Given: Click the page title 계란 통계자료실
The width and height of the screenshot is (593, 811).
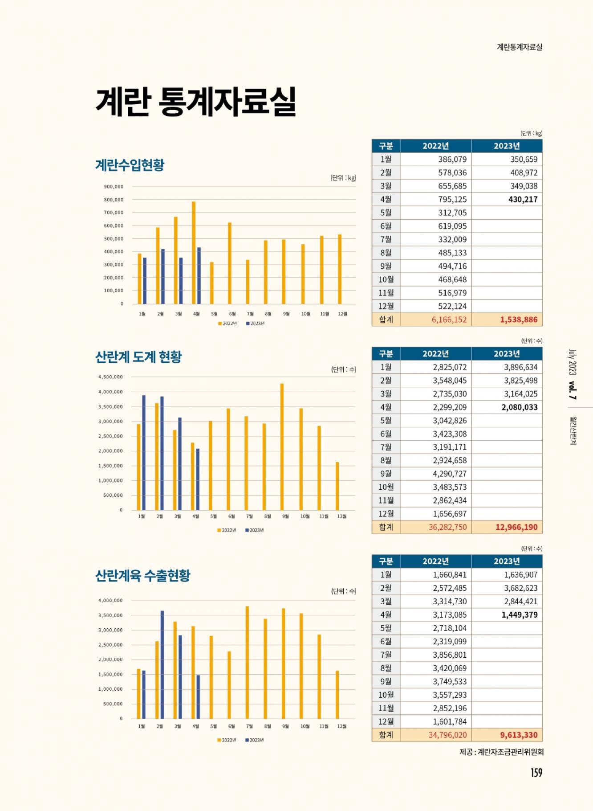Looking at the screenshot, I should click(x=196, y=102).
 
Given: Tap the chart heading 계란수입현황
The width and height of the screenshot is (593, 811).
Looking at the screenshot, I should click(x=130, y=165).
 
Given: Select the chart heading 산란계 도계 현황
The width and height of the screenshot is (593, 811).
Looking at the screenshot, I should click(x=138, y=356).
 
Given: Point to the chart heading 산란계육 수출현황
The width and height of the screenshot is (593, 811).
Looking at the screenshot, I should click(x=142, y=575).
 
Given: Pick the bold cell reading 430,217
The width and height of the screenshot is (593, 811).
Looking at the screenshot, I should click(x=523, y=199).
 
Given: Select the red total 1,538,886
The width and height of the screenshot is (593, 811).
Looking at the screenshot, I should click(x=519, y=319).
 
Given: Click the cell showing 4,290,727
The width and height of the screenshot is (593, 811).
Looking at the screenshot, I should click(x=450, y=474).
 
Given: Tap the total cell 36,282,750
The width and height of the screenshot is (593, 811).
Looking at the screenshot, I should click(x=447, y=527).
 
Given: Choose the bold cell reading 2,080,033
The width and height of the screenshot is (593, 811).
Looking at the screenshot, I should click(x=519, y=407).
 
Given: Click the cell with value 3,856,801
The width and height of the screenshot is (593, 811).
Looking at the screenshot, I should click(x=450, y=655).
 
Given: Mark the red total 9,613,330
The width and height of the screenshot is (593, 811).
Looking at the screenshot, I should click(x=519, y=735).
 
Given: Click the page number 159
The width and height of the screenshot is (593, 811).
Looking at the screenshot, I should click(x=536, y=773).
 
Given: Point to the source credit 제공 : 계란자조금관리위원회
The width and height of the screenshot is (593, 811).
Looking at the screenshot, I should click(x=501, y=752).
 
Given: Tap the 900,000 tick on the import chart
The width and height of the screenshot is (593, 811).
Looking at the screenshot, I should click(x=114, y=187).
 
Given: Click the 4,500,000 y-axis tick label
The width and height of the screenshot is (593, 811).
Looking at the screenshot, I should click(x=110, y=377).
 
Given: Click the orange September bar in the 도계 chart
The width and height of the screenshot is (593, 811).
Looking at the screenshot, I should click(x=282, y=446).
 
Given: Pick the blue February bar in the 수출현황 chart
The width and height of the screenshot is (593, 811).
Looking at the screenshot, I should click(x=162, y=664).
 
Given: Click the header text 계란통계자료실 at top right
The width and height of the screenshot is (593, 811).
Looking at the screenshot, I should click(x=520, y=47).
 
